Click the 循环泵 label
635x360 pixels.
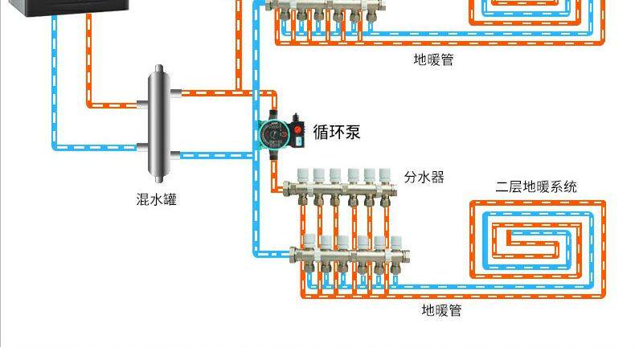[x=336, y=132]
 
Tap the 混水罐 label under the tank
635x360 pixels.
[x=157, y=198]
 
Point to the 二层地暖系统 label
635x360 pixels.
[x=536, y=187]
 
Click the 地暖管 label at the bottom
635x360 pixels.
[x=441, y=309]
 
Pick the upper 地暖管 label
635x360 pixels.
[x=434, y=59]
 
